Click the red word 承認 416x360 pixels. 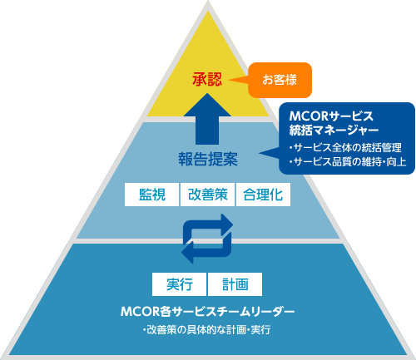tap(207, 79)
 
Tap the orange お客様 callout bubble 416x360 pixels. tap(280, 80)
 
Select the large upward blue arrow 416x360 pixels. tap(207, 119)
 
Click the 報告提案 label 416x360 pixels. tap(208, 159)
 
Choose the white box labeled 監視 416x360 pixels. tap(151, 195)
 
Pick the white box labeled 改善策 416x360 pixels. tap(207, 195)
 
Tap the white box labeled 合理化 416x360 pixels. tap(263, 195)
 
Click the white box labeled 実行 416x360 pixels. tap(179, 284)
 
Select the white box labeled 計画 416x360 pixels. tap(235, 284)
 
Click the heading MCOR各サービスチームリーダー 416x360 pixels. tap(207, 312)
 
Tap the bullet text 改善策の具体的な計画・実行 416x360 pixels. tap(207, 330)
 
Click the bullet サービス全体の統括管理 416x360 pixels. tap(345, 147)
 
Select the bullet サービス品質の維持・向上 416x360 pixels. tap(348, 161)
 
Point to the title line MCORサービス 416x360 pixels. tap(331, 116)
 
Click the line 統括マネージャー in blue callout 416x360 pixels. tap(334, 130)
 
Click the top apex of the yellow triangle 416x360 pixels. tap(208, 11)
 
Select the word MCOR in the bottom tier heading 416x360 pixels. tap(140, 312)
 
